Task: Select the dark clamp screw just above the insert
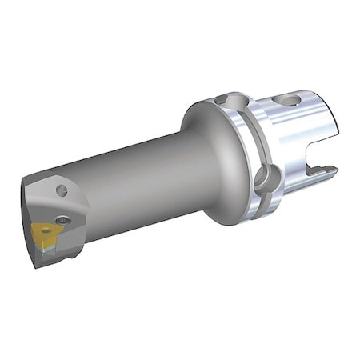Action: tap(62, 218)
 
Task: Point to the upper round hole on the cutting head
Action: tap(62, 190)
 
